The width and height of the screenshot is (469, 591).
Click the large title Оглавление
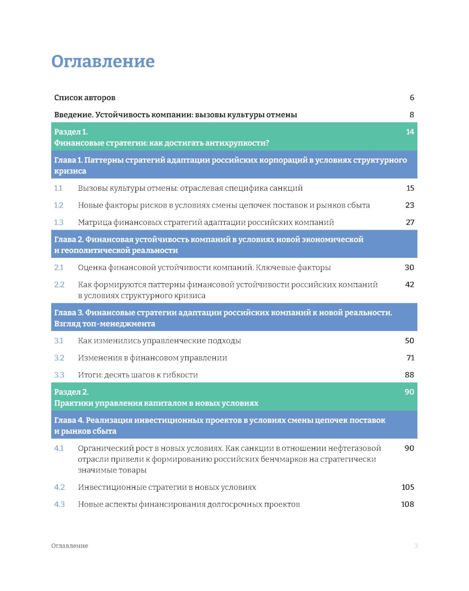[x=103, y=61]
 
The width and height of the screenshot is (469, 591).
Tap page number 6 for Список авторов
[x=412, y=97]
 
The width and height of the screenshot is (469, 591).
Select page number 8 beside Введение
[x=412, y=115]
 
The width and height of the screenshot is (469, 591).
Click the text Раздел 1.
[x=71, y=132]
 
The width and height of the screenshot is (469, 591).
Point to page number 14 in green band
[x=410, y=132]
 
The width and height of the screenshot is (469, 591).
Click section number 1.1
[x=58, y=188]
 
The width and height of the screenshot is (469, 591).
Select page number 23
[x=409, y=205]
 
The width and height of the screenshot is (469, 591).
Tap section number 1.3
[x=59, y=222]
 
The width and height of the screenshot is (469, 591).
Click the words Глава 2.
[x=68, y=239]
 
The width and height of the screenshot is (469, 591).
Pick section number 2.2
[x=59, y=284]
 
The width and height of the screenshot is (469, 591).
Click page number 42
[x=409, y=284]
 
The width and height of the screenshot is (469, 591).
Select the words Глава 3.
[x=68, y=313]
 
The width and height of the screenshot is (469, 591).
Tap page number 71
[x=410, y=358]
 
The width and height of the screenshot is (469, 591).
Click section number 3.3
[x=59, y=375]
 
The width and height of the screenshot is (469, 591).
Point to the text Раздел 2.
[x=71, y=392]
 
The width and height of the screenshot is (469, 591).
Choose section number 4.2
[x=59, y=487]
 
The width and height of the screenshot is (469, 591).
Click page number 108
[x=408, y=504]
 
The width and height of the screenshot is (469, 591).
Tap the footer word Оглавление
[x=69, y=546]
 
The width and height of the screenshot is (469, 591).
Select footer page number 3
[x=416, y=546]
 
